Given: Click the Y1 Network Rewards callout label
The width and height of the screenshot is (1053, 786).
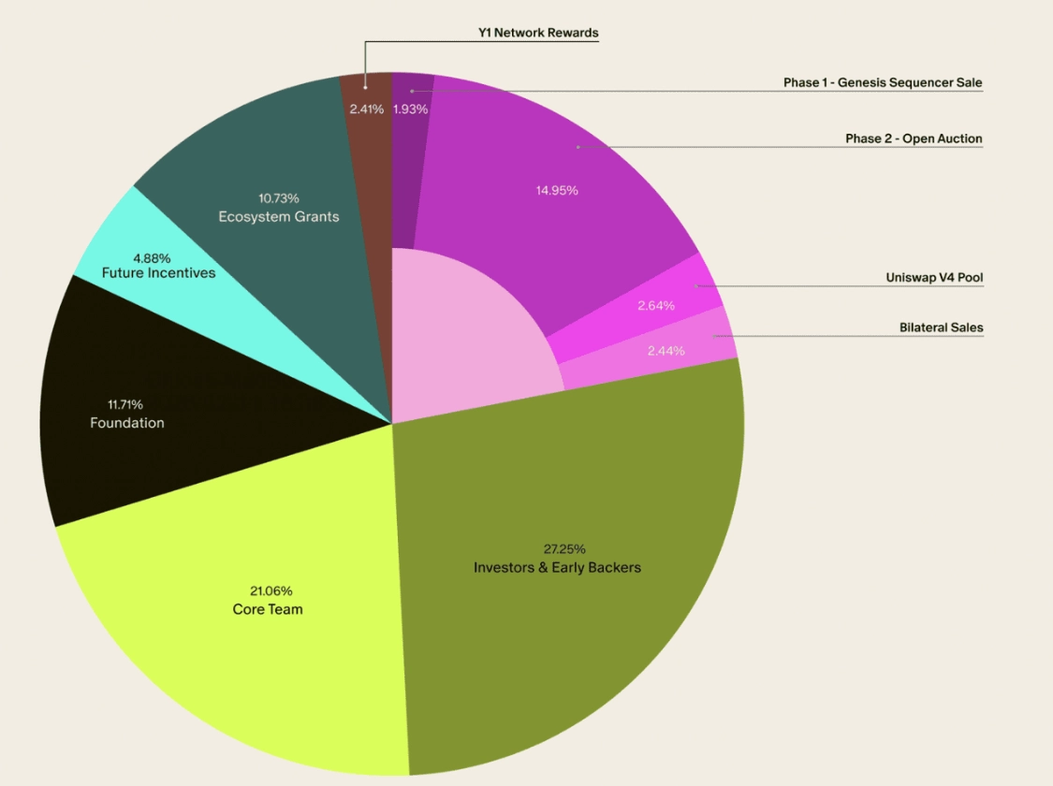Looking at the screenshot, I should click(x=538, y=33).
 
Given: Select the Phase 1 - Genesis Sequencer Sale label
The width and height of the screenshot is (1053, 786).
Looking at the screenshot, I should click(x=883, y=82).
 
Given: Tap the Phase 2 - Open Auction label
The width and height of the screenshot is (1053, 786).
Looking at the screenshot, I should click(x=914, y=138).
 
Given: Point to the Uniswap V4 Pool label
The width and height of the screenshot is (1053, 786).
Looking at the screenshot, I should click(x=934, y=278).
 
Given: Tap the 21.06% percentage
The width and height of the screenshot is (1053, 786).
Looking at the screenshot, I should click(x=271, y=591).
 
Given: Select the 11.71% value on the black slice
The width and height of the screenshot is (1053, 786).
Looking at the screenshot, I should click(x=125, y=405).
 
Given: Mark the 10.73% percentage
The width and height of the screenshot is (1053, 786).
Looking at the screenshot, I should click(x=279, y=198).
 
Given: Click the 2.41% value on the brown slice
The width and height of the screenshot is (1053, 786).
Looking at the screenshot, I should click(x=367, y=109).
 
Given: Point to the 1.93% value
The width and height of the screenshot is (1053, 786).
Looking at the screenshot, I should click(x=410, y=109).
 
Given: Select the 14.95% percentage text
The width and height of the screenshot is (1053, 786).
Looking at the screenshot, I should click(x=557, y=190).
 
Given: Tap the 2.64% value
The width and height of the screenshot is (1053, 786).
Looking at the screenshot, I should click(x=656, y=305).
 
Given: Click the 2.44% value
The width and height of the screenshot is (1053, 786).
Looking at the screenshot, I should click(x=665, y=351).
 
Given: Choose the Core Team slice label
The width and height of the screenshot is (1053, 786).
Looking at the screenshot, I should click(x=268, y=610).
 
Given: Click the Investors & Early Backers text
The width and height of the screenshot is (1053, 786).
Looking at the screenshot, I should click(x=557, y=567).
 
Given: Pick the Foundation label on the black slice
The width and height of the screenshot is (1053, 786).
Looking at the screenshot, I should click(x=127, y=423).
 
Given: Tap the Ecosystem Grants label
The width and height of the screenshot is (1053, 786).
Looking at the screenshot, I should click(x=279, y=216).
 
